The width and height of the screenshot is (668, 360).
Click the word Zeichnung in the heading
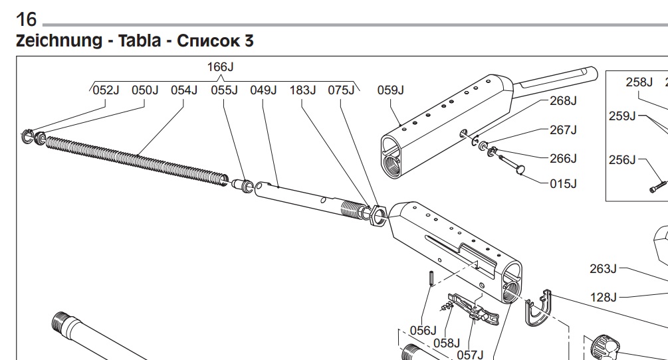click(x=57, y=41)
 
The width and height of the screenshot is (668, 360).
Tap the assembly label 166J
click(x=221, y=67)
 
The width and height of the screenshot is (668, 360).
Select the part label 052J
click(x=105, y=90)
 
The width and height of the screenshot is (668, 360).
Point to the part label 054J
click(x=184, y=90)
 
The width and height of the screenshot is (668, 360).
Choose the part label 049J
click(x=263, y=90)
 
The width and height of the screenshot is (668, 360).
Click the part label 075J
click(x=342, y=90)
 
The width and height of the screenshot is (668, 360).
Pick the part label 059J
click(x=391, y=90)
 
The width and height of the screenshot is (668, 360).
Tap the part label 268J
click(x=563, y=101)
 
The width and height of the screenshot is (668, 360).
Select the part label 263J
click(x=603, y=268)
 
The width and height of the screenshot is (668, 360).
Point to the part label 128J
click(x=604, y=297)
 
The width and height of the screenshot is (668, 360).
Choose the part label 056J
click(x=423, y=330)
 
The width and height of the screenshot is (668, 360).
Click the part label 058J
click(x=447, y=343)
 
